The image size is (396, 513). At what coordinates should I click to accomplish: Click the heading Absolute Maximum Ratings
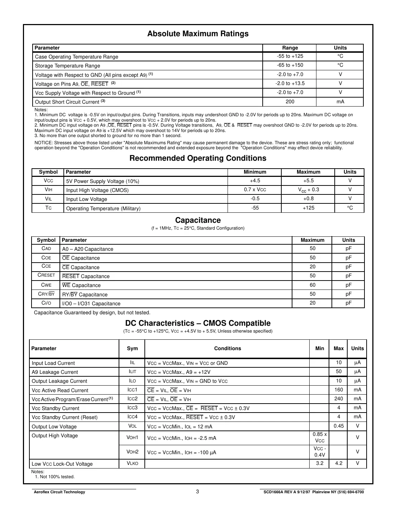(198, 34)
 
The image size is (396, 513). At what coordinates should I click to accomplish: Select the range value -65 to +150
(290, 65)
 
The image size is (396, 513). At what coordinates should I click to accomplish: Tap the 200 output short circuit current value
(290, 102)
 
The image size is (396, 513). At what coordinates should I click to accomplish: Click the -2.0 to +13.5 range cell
(290, 83)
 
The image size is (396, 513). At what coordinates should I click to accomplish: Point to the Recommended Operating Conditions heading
(198, 158)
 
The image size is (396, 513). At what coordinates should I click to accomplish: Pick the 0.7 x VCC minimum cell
(255, 190)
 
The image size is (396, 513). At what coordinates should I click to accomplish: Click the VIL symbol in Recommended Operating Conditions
(48, 199)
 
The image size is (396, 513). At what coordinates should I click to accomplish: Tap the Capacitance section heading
(198, 220)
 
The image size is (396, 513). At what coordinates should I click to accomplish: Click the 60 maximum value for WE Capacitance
(312, 285)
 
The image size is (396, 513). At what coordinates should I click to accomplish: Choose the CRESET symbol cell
(46, 275)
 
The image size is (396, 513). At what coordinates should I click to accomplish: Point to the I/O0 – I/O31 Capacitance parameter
(91, 303)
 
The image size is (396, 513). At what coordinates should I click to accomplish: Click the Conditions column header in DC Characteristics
(228, 348)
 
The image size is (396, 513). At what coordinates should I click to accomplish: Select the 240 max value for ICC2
(338, 399)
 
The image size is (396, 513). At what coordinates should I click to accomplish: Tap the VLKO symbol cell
(132, 463)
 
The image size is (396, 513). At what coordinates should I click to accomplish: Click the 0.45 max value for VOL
(338, 426)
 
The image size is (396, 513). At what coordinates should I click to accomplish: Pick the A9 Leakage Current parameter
(55, 372)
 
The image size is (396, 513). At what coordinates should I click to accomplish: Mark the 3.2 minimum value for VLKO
(319, 463)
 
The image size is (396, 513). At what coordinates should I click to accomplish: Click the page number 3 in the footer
(197, 491)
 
